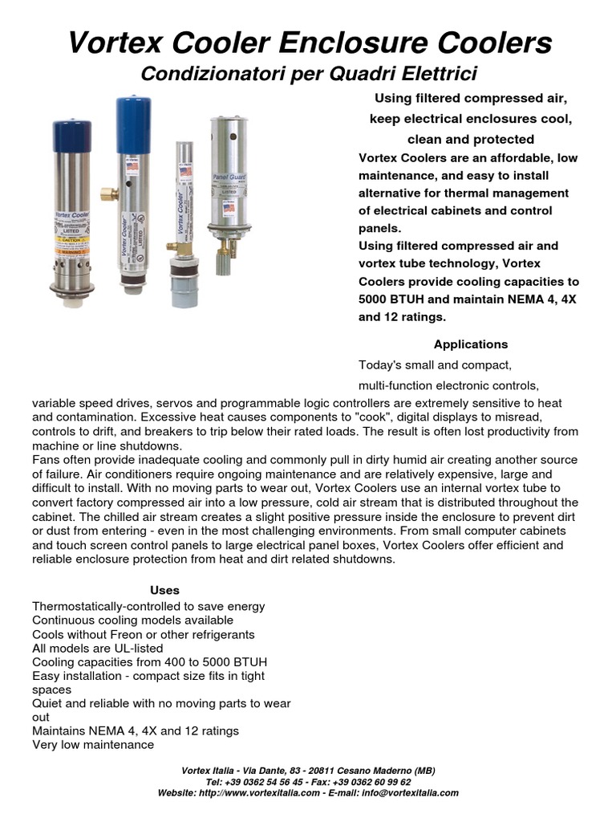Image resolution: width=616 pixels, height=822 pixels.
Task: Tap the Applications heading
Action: [470, 344]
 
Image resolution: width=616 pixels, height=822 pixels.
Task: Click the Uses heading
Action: [164, 590]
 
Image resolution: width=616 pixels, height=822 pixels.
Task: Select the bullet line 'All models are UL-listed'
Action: [97, 648]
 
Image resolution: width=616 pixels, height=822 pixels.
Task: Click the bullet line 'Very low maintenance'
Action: [93, 745]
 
